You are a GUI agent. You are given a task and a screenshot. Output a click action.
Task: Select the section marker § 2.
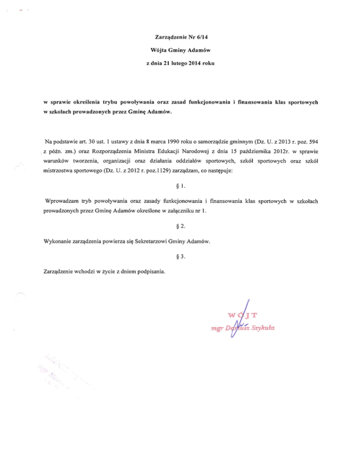(180, 226)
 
